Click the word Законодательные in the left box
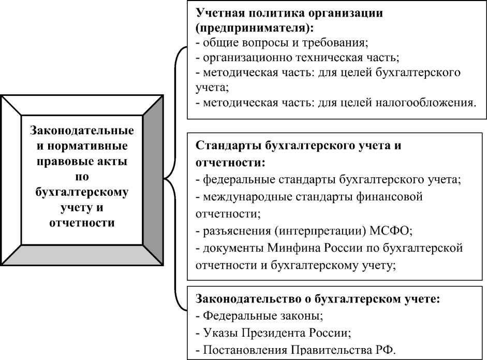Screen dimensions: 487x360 (x=82, y=129)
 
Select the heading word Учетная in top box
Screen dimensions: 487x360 (x=219, y=13)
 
